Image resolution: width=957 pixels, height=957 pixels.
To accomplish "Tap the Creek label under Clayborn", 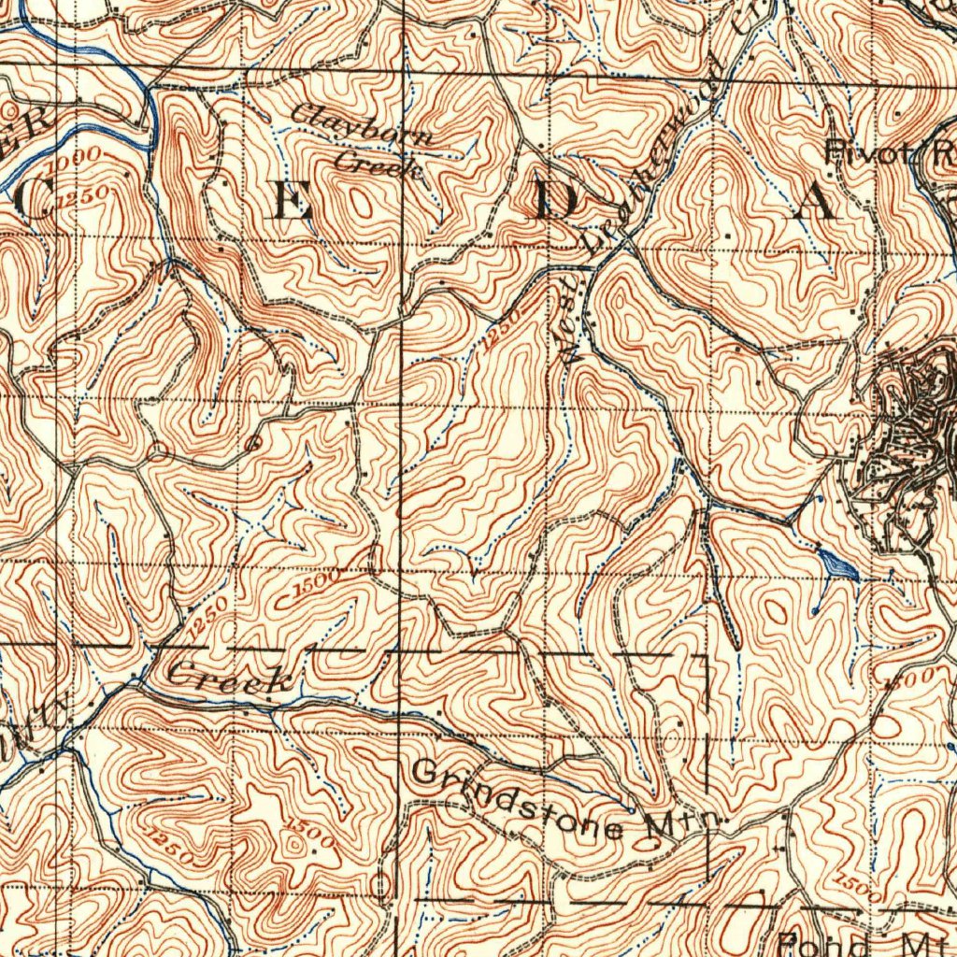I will [379, 163].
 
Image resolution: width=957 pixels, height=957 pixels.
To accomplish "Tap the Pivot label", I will [864, 150].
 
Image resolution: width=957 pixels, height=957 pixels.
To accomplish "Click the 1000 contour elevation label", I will [75, 164].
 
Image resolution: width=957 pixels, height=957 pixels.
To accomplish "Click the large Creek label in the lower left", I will [230, 678].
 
